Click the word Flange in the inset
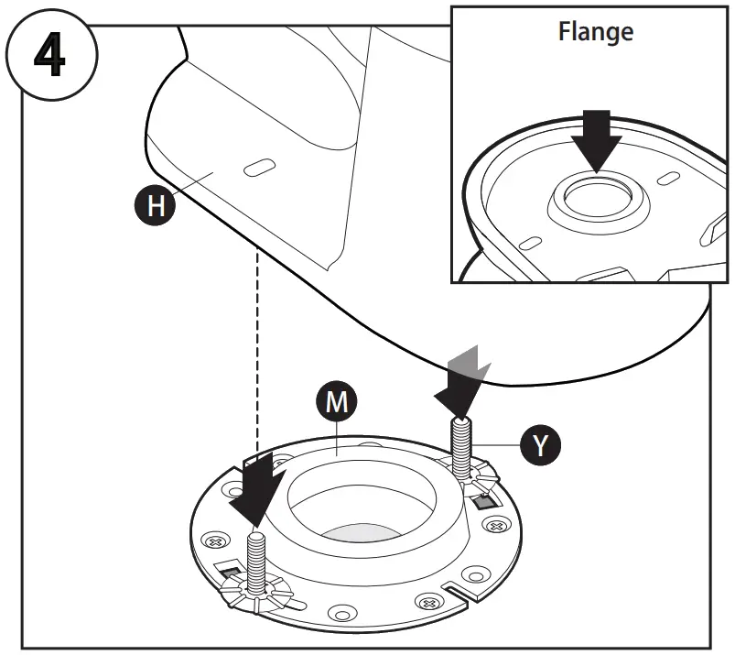pyautogui.click(x=595, y=32)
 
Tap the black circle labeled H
pyautogui.click(x=157, y=205)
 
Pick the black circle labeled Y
pyautogui.click(x=540, y=445)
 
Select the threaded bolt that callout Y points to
pyautogui.click(x=461, y=440)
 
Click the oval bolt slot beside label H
pyautogui.click(x=259, y=167)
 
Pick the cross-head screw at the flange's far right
pyautogui.click(x=497, y=527)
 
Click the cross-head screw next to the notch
pyautogui.click(x=427, y=603)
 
